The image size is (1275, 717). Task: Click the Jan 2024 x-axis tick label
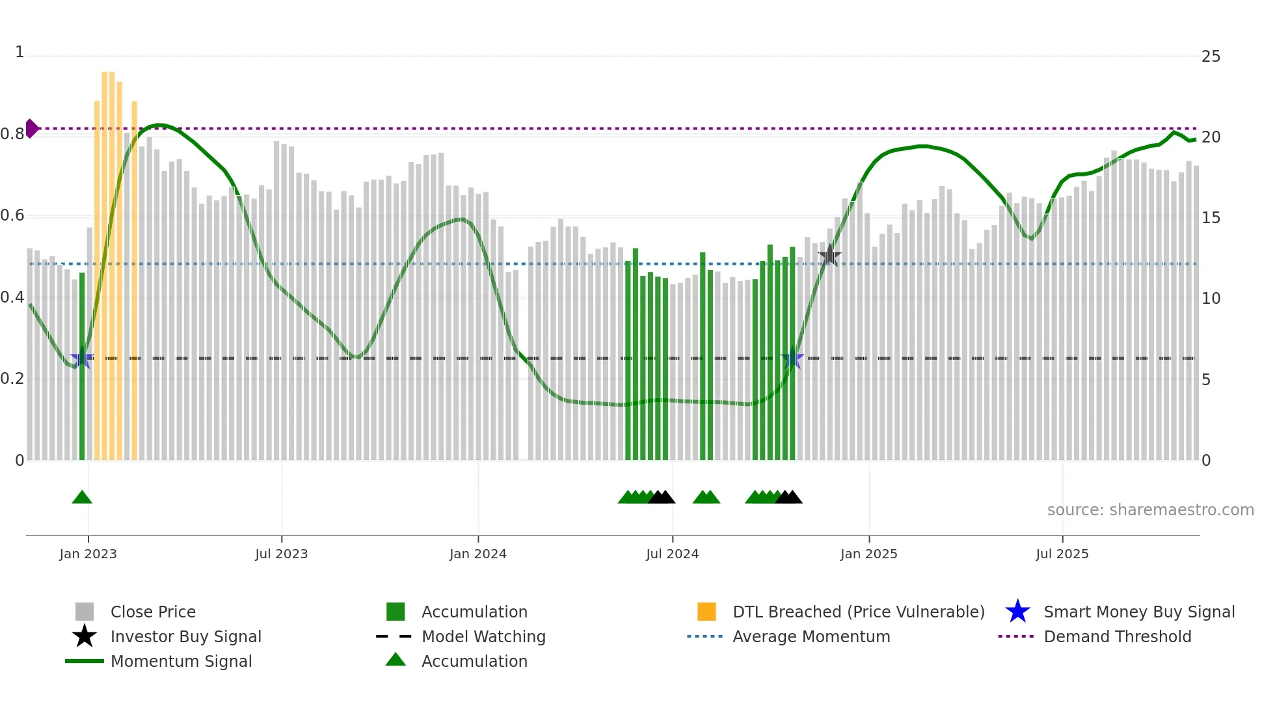point(477,554)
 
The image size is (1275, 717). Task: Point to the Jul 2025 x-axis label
point(1062,554)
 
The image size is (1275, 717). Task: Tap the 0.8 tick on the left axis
point(12,134)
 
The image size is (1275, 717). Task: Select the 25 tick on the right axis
point(1211,57)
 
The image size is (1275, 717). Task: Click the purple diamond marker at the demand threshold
point(31,128)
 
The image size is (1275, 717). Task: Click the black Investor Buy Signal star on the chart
point(829,256)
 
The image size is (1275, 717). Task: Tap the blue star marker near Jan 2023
point(81,359)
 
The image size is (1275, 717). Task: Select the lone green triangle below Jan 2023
point(82,497)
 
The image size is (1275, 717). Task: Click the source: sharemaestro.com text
point(1150,510)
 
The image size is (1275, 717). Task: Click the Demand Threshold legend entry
point(1117,636)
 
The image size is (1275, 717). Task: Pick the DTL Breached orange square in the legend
point(706,612)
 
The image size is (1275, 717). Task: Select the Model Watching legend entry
point(483,636)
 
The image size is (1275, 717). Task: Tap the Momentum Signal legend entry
point(181,661)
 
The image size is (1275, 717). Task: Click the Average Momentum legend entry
point(811,636)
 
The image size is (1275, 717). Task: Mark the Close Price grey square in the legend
point(85,612)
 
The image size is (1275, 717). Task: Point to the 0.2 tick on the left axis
point(12,379)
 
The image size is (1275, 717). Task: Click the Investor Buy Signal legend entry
point(185,636)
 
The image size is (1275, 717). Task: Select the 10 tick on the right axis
point(1211,299)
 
